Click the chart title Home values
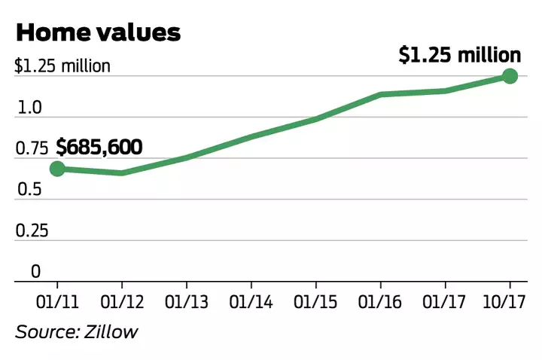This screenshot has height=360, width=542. point(98,32)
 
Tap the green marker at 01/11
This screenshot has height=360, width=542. point(57,169)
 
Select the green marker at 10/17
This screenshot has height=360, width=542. point(510,75)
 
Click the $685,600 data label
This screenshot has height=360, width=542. point(99,147)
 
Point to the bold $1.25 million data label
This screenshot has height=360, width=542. point(459,55)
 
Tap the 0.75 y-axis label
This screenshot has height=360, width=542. point(31,148)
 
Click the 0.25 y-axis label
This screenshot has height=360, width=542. point(31,230)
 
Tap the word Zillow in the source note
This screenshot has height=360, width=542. point(113,332)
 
